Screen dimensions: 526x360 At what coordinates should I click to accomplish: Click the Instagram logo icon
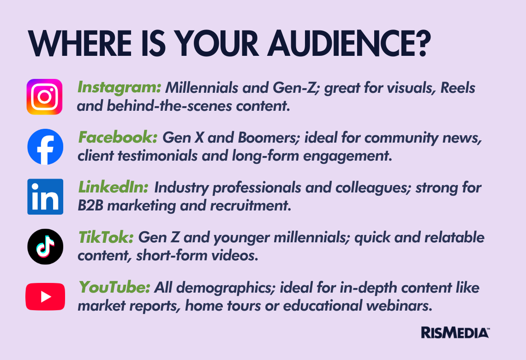[45, 96]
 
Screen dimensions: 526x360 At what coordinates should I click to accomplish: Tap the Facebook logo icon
[45, 147]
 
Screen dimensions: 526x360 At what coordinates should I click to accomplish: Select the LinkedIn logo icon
[45, 197]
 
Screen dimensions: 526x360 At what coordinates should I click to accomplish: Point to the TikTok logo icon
[45, 246]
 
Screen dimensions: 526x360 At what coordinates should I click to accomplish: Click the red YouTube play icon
[45, 297]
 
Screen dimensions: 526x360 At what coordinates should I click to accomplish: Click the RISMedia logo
[455, 332]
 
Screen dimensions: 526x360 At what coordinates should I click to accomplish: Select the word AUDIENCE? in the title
[349, 44]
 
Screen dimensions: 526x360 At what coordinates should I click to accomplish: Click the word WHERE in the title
[79, 44]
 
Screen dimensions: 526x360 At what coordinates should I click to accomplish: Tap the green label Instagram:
[120, 88]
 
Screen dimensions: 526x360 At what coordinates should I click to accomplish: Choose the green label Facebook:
[118, 138]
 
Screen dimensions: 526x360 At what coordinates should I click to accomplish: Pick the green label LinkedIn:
[113, 187]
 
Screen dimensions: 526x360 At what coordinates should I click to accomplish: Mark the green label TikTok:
[106, 238]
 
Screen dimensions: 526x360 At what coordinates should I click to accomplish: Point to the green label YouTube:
[114, 288]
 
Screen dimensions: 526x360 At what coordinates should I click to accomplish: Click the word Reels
[458, 88]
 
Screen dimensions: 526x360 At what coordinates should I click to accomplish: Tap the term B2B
[90, 206]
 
